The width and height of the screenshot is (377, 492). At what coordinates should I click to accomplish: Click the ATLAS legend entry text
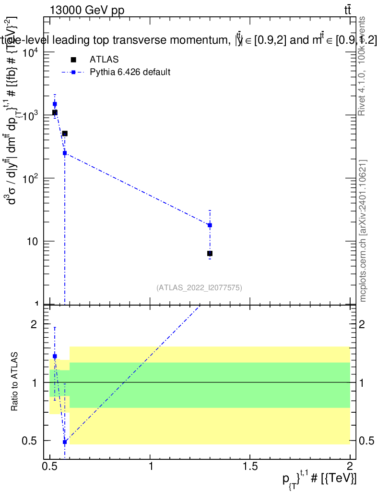click(104, 60)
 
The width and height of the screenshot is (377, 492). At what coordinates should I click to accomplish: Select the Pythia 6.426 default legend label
click(130, 73)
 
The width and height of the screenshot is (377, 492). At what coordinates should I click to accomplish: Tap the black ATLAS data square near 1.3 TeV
click(210, 253)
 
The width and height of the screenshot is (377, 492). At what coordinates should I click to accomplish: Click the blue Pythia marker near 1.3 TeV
click(210, 225)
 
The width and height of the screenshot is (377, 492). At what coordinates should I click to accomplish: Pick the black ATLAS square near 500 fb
click(65, 134)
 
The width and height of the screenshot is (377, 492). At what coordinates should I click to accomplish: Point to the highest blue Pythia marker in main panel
click(55, 104)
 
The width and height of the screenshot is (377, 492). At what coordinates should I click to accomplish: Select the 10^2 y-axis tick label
click(32, 179)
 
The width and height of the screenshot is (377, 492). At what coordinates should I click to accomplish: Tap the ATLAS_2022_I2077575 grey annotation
click(199, 288)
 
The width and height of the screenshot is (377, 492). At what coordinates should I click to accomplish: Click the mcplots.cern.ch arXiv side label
click(363, 231)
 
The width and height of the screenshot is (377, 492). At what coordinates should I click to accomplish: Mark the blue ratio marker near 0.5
click(65, 442)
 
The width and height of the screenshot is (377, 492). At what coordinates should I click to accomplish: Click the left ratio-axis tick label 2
click(34, 324)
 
